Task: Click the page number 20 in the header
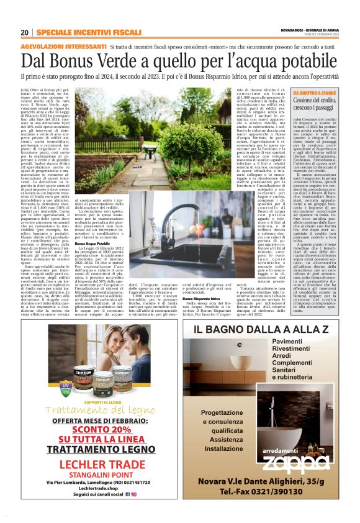click(x=24, y=32)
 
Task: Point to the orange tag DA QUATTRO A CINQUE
click(x=314, y=93)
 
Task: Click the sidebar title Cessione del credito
click(x=314, y=104)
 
